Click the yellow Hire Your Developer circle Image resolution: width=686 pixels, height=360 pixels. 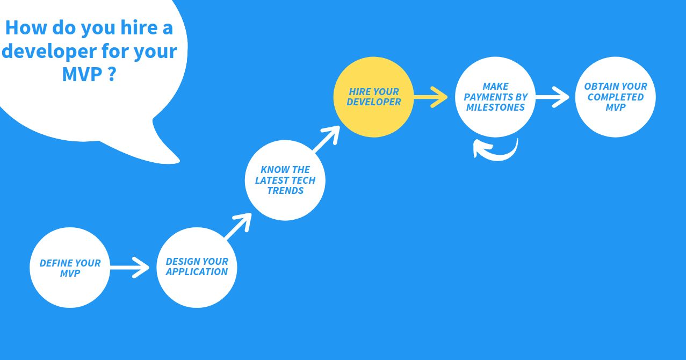pyautogui.click(x=373, y=97)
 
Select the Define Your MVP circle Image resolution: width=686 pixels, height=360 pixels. pyautogui.click(x=69, y=268)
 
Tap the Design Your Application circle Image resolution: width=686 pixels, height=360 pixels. pyautogui.click(x=197, y=267)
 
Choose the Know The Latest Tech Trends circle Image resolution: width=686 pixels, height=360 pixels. pyautogui.click(x=285, y=180)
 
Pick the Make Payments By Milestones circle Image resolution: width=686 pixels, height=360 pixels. pyautogui.click(x=495, y=97)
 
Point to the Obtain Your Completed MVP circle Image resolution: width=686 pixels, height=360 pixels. pyautogui.click(x=615, y=97)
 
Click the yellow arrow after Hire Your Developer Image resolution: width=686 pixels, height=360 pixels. pyautogui.click(x=431, y=98)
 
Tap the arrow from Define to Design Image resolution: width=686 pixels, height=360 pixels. pyautogui.click(x=129, y=267)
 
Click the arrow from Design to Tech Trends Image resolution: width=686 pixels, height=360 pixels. pyautogui.click(x=237, y=226)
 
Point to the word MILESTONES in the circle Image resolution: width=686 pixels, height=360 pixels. pyautogui.click(x=495, y=107)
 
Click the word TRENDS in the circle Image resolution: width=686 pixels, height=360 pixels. pyautogui.click(x=285, y=191)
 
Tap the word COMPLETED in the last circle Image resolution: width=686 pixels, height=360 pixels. pyautogui.click(x=615, y=97)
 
